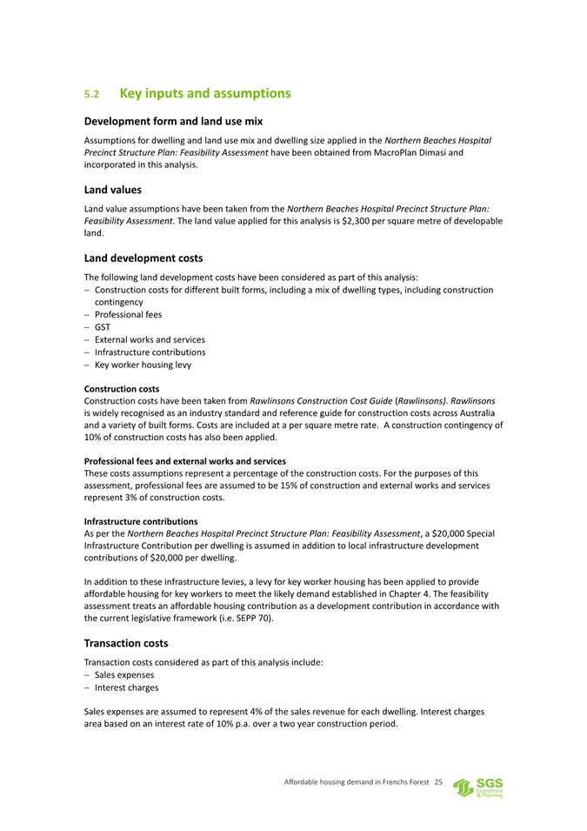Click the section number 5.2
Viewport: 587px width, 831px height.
(93, 93)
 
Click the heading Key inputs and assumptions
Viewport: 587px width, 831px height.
(204, 92)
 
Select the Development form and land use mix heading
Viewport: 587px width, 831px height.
(173, 121)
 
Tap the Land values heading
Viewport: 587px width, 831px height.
(112, 188)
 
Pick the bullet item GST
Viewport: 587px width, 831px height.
(103, 326)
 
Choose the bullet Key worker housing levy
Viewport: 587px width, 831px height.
(143, 365)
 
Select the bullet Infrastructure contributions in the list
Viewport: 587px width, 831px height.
(150, 352)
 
